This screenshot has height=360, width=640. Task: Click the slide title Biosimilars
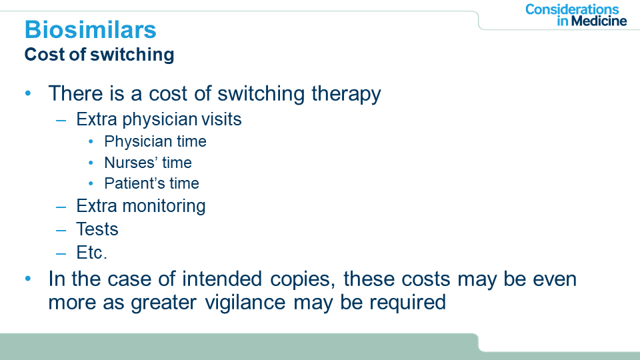pyautogui.click(x=90, y=30)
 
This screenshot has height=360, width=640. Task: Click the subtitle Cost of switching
pyautogui.click(x=99, y=55)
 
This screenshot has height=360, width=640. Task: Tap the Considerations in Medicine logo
pyautogui.click(x=576, y=15)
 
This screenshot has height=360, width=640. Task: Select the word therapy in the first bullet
pyautogui.click(x=346, y=94)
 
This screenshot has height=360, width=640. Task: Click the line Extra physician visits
pyautogui.click(x=159, y=119)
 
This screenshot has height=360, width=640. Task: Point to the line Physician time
pyautogui.click(x=155, y=141)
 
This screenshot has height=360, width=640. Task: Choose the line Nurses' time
pyautogui.click(x=148, y=163)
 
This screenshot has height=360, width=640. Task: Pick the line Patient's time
pyautogui.click(x=151, y=183)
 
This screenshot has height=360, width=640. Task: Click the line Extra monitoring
pyautogui.click(x=141, y=206)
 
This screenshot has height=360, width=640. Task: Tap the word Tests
pyautogui.click(x=97, y=229)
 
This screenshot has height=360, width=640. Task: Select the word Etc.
pyautogui.click(x=91, y=252)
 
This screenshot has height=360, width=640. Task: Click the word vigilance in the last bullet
pyautogui.click(x=245, y=303)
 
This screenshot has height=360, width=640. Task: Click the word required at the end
pyautogui.click(x=407, y=303)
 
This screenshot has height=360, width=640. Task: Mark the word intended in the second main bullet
pyautogui.click(x=221, y=279)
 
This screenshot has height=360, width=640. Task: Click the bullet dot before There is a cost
pyautogui.click(x=28, y=93)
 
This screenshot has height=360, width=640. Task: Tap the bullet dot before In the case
pyautogui.click(x=28, y=279)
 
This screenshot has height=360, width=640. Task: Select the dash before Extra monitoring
pyautogui.click(x=61, y=207)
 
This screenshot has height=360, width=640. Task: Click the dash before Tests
pyautogui.click(x=61, y=231)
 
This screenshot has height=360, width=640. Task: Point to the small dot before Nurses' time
pyautogui.click(x=91, y=163)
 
